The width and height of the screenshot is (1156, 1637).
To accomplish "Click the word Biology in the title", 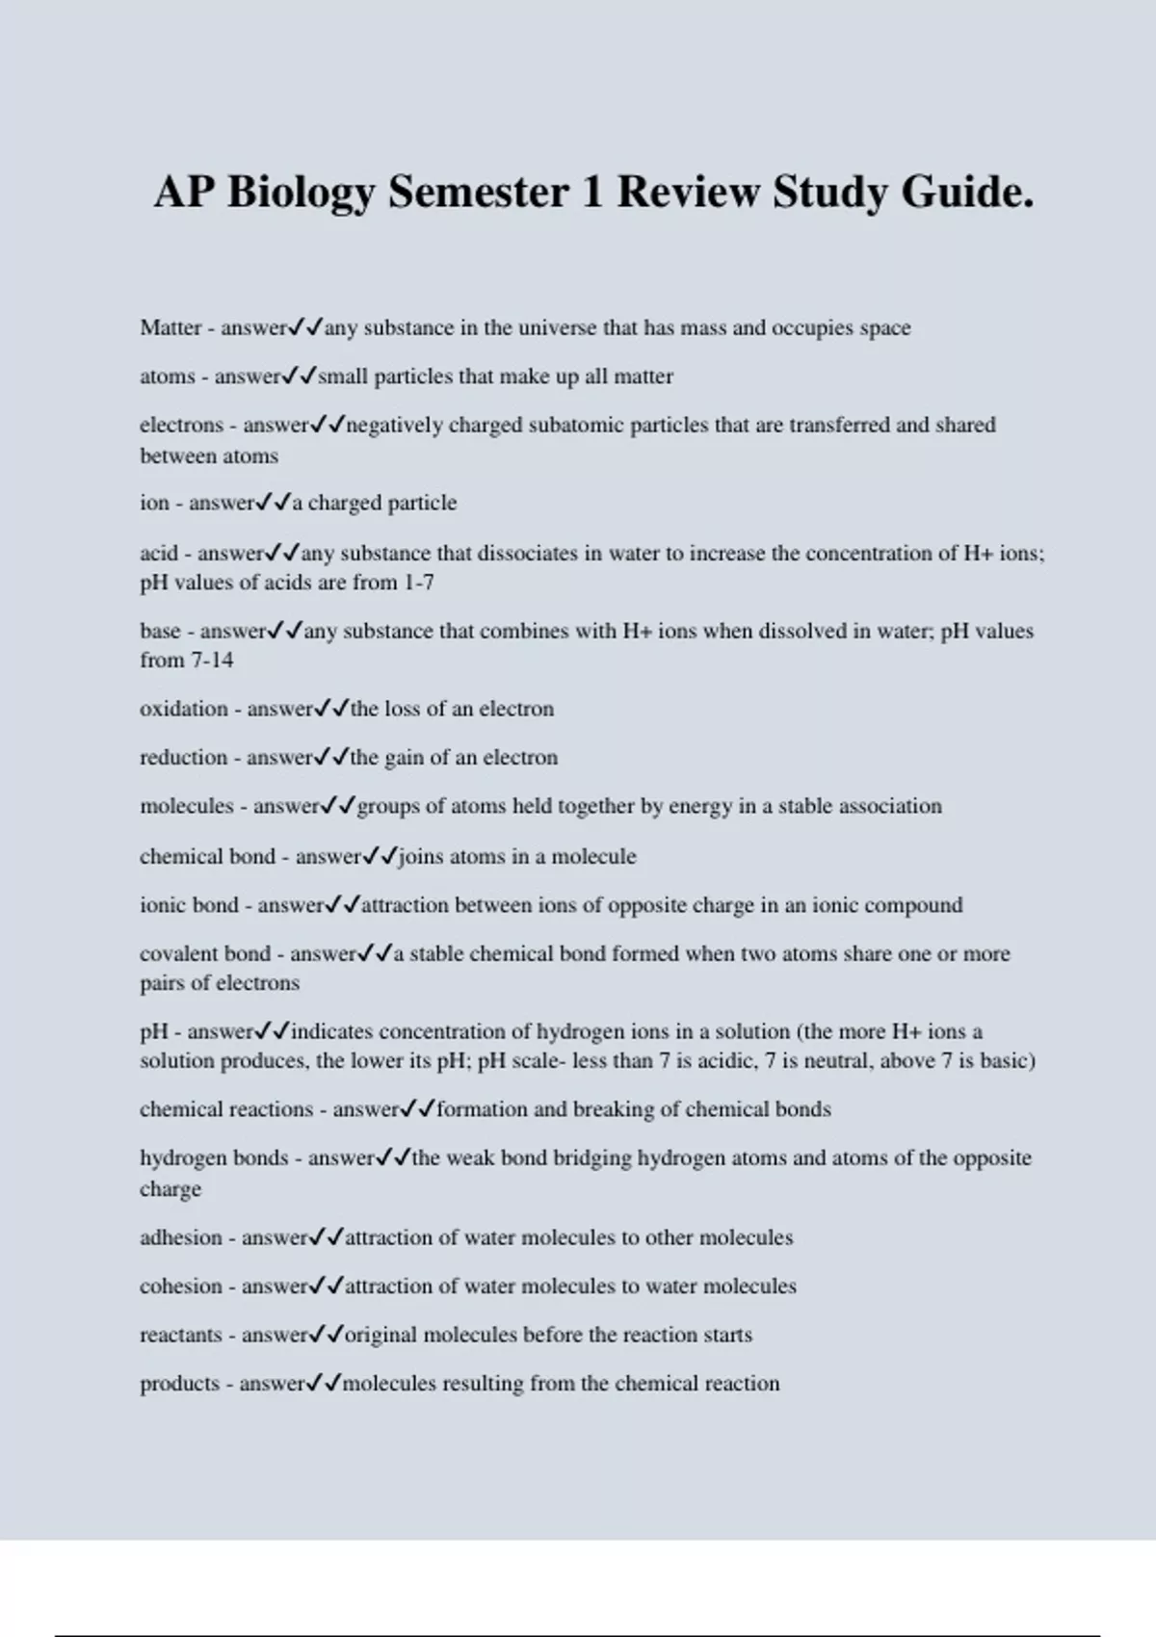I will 301,194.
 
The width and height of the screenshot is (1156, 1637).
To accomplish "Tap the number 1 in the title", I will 591,192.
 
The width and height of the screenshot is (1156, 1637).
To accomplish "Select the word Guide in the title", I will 966,192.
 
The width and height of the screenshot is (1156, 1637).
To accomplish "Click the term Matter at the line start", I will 171,327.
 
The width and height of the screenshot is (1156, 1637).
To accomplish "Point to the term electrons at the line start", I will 181,425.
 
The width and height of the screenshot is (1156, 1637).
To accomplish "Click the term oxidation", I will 184,709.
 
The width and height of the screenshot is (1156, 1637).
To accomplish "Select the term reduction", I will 184,757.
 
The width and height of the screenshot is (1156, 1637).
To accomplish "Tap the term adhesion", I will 181,1237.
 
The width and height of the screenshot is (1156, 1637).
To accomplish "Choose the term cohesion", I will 181,1286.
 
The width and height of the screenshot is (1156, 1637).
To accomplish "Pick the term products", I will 180,1384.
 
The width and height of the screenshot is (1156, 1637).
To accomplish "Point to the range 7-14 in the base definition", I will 212,661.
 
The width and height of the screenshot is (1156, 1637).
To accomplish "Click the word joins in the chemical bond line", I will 421,856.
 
